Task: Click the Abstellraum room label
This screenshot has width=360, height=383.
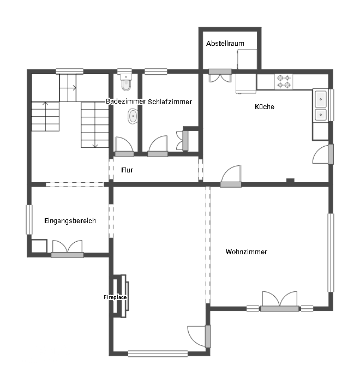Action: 225,44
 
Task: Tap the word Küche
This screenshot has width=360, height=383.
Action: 264,106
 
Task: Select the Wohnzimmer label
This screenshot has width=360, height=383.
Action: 246,252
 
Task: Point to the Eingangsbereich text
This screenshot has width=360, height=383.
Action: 70,221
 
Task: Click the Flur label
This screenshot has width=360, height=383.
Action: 127,170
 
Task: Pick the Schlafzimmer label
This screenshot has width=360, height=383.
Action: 170,102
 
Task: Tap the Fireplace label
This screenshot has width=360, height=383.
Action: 115,297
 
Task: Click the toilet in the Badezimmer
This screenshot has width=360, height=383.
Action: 126,82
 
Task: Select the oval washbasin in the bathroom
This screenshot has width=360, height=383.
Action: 133,116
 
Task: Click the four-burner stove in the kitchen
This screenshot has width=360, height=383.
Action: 284,82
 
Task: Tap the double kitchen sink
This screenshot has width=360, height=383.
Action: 320,105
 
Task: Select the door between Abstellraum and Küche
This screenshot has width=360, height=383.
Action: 220,75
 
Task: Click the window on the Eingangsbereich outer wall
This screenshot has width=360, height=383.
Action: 29,220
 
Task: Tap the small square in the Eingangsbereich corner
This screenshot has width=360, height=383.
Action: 39,246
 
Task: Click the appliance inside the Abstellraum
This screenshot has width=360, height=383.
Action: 247,59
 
